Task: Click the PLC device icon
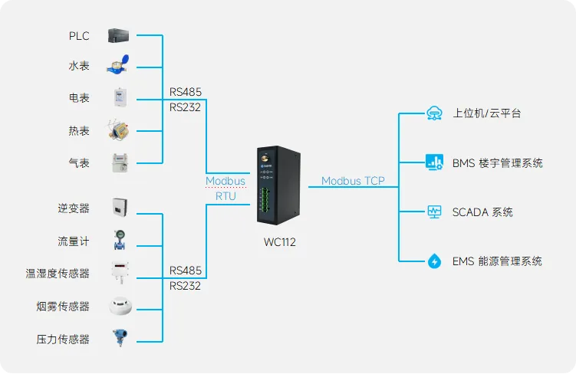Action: (119, 34)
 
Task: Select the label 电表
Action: (79, 98)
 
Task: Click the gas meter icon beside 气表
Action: (118, 162)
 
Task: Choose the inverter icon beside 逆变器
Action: (120, 208)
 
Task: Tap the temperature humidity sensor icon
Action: (120, 272)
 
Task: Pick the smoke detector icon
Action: (120, 306)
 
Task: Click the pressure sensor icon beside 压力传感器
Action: (120, 337)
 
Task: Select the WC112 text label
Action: (279, 243)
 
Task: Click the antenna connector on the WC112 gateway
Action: (262, 162)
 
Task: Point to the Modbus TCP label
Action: (353, 181)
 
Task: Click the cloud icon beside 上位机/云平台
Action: (434, 113)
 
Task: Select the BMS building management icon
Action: (434, 162)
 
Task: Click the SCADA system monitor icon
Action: (434, 212)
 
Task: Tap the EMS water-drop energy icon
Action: (434, 261)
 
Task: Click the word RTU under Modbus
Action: (225, 196)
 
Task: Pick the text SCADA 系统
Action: (482, 212)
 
